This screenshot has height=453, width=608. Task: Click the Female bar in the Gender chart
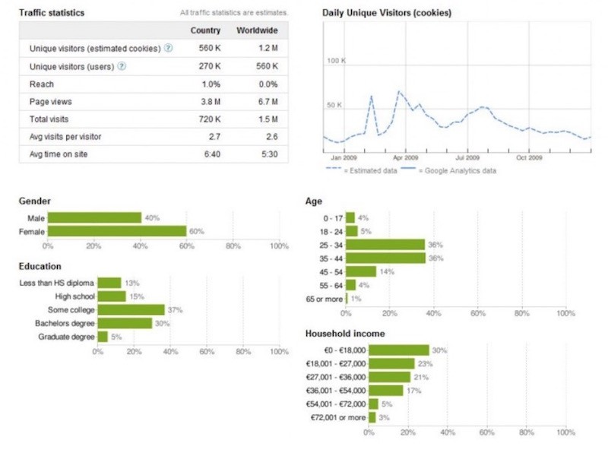coord(116,231)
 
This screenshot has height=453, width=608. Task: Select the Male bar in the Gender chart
coord(93,218)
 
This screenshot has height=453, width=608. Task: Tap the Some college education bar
coord(131,309)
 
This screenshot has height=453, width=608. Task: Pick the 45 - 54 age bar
coord(361,271)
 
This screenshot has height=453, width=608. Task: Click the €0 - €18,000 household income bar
coord(399,350)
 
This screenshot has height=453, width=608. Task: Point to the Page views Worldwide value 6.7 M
coord(266,101)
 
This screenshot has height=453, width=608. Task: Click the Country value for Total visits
coord(210,119)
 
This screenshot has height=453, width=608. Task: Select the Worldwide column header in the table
coord(257,31)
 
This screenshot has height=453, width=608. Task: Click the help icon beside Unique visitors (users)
coord(122,66)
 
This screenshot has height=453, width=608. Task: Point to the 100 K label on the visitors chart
coord(336,61)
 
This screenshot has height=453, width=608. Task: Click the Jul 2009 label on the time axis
coord(467,158)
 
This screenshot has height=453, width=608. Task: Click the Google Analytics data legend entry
coord(460,171)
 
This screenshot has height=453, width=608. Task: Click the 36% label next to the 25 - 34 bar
coord(435,245)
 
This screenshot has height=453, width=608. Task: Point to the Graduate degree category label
coord(67,336)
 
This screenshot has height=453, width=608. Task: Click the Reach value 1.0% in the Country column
coord(211,84)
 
